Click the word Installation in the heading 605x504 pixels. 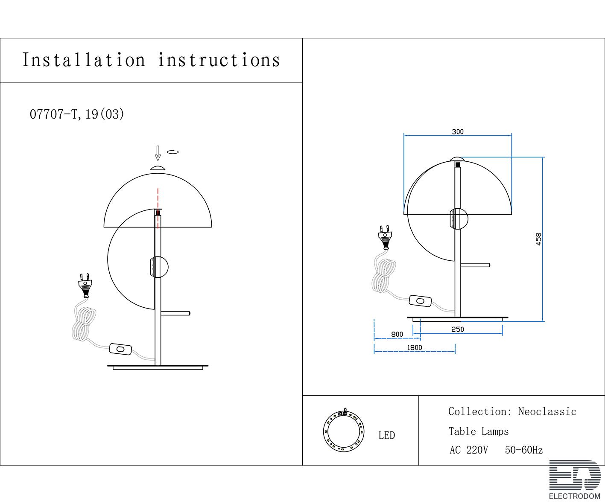tap(84, 60)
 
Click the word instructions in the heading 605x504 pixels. tap(219, 60)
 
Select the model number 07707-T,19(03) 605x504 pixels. tap(77, 114)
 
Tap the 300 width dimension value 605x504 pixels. tap(458, 132)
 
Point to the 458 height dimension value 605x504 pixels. tap(538, 239)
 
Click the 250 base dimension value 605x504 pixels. tap(458, 329)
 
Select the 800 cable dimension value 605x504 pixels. tap(397, 334)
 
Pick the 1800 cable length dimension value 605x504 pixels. tap(414, 347)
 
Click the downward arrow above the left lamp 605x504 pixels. tap(158, 153)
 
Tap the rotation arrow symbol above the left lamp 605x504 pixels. tap(172, 152)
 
